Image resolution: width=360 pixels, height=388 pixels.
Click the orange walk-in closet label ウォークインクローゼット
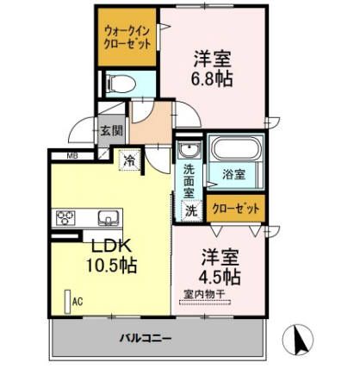click(x=126, y=37)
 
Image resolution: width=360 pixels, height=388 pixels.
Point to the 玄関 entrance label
click(x=110, y=131)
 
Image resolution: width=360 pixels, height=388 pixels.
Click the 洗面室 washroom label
click(x=188, y=180)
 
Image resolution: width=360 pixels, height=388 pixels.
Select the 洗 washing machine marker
click(x=189, y=210)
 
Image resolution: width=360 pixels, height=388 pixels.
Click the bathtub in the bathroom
click(x=233, y=151)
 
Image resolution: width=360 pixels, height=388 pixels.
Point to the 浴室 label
click(x=233, y=173)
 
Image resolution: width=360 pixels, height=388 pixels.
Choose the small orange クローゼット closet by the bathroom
click(x=234, y=208)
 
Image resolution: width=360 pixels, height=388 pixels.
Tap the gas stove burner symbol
click(x=67, y=216)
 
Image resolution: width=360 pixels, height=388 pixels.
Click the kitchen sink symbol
click(x=107, y=216)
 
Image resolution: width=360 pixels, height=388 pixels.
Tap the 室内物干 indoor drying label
click(x=203, y=296)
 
